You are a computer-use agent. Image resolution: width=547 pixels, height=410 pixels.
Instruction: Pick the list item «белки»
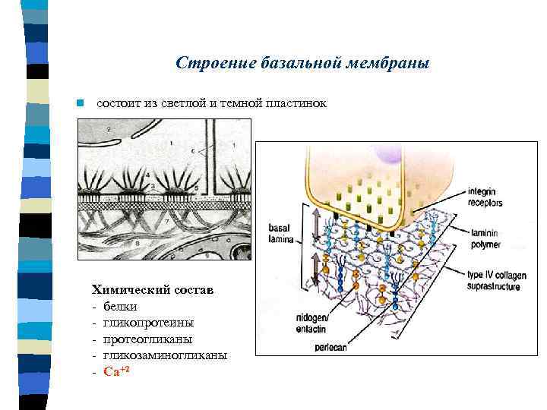coord(121,306)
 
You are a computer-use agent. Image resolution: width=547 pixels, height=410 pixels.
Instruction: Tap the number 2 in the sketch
coord(109,130)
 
